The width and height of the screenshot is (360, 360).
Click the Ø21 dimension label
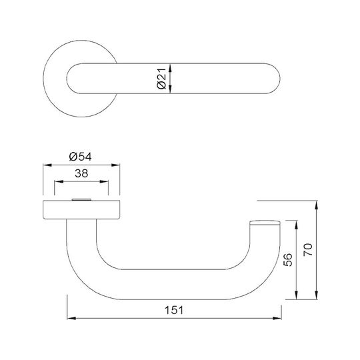click(x=161, y=78)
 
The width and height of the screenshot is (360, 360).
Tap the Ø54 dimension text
click(x=81, y=157)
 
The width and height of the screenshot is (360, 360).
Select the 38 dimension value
click(x=81, y=173)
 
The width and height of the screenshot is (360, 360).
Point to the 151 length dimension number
click(x=174, y=310)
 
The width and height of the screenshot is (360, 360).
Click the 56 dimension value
click(x=288, y=260)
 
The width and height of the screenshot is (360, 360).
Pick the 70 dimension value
click(x=308, y=250)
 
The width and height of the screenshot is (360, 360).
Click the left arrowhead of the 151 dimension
click(x=71, y=318)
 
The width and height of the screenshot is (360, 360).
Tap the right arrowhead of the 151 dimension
click(x=277, y=318)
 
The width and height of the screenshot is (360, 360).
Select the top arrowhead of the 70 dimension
click(x=317, y=205)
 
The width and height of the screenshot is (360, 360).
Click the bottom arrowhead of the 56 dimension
click(x=296, y=295)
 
